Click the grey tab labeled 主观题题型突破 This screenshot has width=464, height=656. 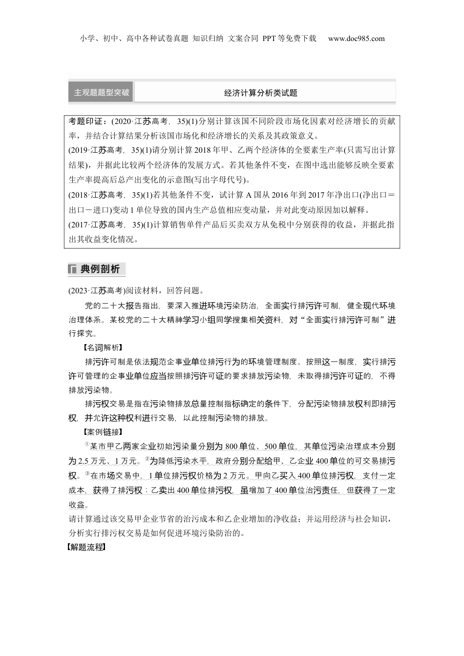tap(101, 92)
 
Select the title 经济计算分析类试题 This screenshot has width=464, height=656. tap(260, 93)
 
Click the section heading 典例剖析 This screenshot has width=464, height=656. tap(100, 269)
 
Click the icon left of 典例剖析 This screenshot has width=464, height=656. tap(72, 269)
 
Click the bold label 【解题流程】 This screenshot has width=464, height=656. tap(86, 548)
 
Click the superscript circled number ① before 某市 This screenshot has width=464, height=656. tap(87, 445)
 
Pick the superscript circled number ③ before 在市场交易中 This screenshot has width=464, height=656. tap(88, 473)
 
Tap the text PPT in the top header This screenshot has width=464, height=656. tap(269, 39)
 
